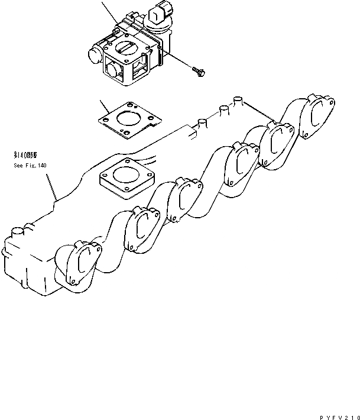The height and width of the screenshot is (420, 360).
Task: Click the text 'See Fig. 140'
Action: click(x=30, y=166)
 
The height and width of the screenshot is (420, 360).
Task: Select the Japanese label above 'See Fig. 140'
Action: click(x=27, y=155)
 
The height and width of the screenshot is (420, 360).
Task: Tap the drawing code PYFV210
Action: click(x=338, y=413)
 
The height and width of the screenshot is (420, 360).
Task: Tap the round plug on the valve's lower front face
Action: click(x=111, y=72)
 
